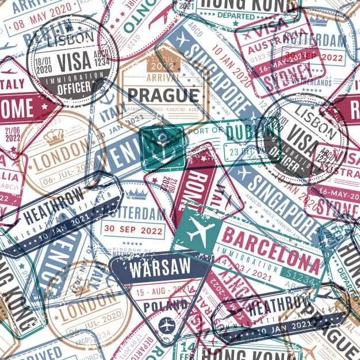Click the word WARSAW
(x=152, y=269)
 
